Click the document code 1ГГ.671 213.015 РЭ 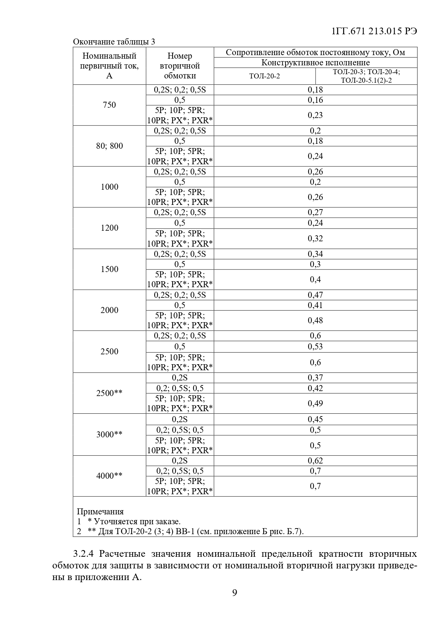(x=374, y=31)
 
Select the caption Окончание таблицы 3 (x=114, y=42)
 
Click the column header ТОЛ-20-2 (x=264, y=76)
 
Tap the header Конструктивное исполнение (x=315, y=63)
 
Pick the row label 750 (x=109, y=105)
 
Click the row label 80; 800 (x=109, y=146)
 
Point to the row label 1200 (x=109, y=228)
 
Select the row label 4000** (x=109, y=476)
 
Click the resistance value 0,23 (x=315, y=115)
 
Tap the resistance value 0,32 (x=315, y=238)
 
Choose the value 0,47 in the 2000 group (x=315, y=295)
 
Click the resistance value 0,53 (x=315, y=346)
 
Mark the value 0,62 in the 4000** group (x=315, y=460)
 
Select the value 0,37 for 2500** (x=315, y=378)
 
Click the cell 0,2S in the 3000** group (x=180, y=419)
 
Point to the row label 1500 (x=109, y=269)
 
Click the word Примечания (x=100, y=512)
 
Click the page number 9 (x=235, y=593)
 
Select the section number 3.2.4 (x=84, y=554)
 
